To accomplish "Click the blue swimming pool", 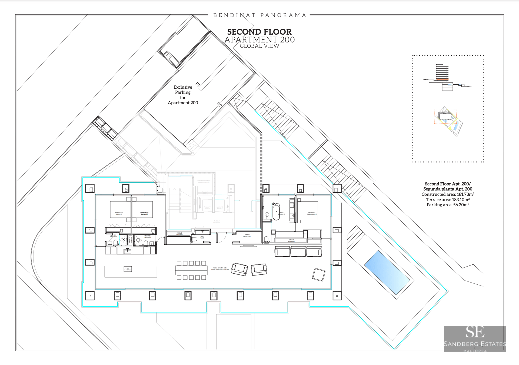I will pyautogui.click(x=387, y=273).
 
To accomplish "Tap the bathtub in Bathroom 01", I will pyautogui.click(x=276, y=212).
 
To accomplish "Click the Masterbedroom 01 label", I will pyautogui.click(x=312, y=213).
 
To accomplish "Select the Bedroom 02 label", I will pyautogui.click(x=144, y=213).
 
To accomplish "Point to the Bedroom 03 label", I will pyautogui.click(x=119, y=213).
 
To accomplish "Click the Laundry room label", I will pyautogui.click(x=247, y=235).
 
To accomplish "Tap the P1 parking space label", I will pyautogui.click(x=198, y=84).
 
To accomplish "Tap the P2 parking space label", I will pyautogui.click(x=219, y=105).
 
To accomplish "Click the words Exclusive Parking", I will pyautogui.click(x=183, y=90).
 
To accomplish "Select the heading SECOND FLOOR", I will pyautogui.click(x=259, y=32).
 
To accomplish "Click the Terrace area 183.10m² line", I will pyautogui.click(x=448, y=200).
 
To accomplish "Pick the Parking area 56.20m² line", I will pyautogui.click(x=448, y=205).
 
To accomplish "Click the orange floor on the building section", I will pyautogui.click(x=442, y=79).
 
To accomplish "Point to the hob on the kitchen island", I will pyautogui.click(x=128, y=269).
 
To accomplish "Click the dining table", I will pyautogui.click(x=191, y=270).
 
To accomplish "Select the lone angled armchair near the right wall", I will pyautogui.click(x=319, y=275).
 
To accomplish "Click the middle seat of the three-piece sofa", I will pyautogui.click(x=298, y=251).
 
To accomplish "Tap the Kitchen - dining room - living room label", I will pyautogui.click(x=220, y=269).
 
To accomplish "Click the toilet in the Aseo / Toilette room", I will pyautogui.click(x=194, y=239).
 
